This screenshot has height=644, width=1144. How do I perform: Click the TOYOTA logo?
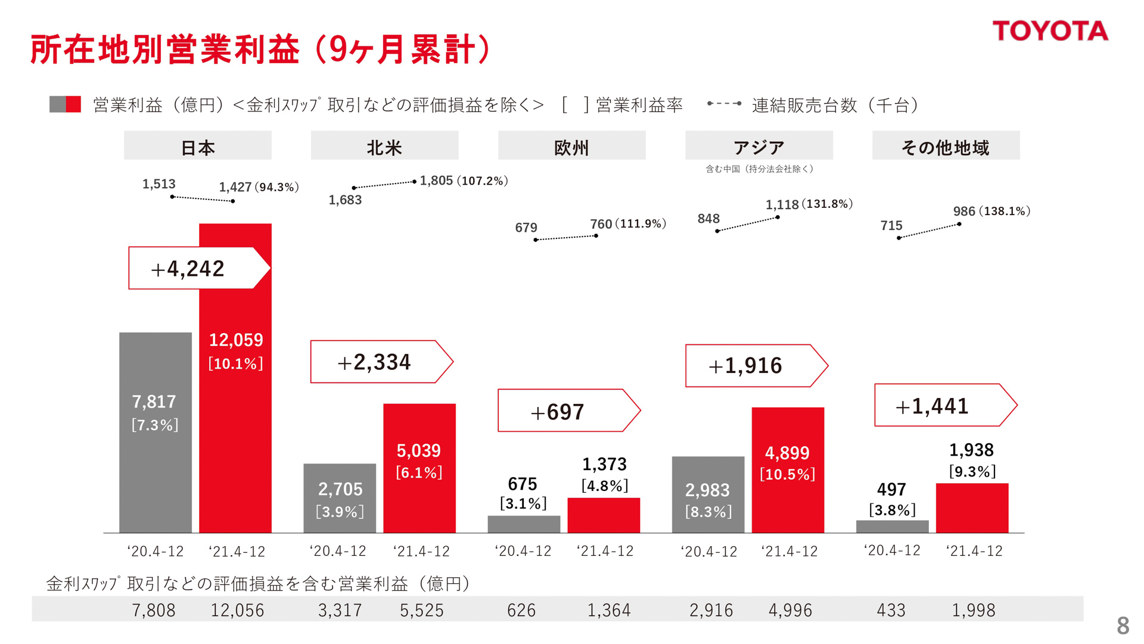(1050, 31)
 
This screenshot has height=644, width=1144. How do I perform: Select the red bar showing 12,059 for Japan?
(235, 417)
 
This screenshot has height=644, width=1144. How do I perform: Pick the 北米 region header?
(384, 147)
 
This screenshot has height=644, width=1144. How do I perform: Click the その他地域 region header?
(946, 147)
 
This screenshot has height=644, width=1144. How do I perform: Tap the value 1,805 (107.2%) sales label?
(464, 181)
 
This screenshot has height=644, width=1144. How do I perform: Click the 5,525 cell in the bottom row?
(421, 610)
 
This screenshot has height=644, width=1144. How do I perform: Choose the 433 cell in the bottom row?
(891, 610)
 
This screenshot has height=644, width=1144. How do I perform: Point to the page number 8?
(1123, 626)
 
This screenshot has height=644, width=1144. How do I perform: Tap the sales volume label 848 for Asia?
(708, 219)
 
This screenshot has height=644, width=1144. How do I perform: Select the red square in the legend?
(74, 104)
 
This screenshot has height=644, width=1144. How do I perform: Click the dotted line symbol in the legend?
(724, 104)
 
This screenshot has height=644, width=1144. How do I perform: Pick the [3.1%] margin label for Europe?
(523, 503)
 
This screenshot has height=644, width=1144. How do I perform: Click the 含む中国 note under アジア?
(759, 169)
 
